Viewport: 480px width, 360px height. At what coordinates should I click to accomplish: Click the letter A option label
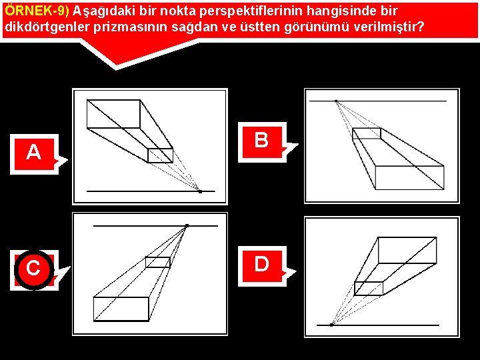click(x=34, y=153)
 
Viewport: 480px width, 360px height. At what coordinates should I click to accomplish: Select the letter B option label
click(x=262, y=140)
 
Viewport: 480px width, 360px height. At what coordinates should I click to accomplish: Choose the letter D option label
click(x=262, y=265)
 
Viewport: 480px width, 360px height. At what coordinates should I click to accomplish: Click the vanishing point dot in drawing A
click(x=200, y=191)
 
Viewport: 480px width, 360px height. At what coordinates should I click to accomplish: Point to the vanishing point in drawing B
click(x=336, y=101)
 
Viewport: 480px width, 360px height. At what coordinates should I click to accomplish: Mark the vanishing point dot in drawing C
click(x=187, y=226)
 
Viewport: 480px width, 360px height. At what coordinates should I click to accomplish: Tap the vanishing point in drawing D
click(x=331, y=325)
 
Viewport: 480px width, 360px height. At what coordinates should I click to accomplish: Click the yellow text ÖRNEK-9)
click(x=37, y=11)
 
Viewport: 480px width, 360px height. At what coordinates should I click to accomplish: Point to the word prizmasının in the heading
click(x=131, y=27)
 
